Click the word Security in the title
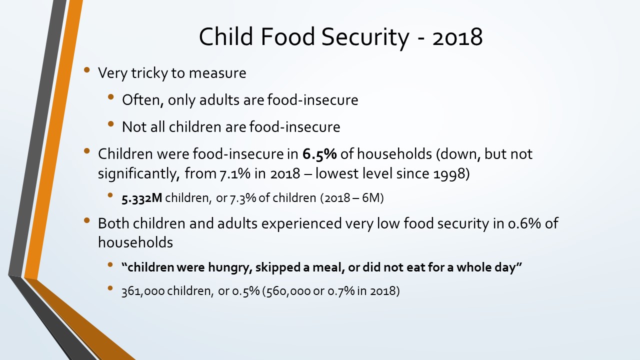pyautogui.click(x=365, y=37)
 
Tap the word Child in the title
pyautogui.click(x=226, y=36)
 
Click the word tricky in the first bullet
pyautogui.click(x=149, y=73)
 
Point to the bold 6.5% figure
pyautogui.click(x=319, y=154)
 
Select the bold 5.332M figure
pyautogui.click(x=142, y=198)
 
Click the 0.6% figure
pyautogui.click(x=524, y=223)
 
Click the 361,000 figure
pyautogui.click(x=143, y=291)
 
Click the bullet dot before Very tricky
pyautogui.click(x=87, y=70)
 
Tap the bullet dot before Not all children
pyautogui.click(x=111, y=124)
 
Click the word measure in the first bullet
pyautogui.click(x=217, y=73)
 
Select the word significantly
pyautogui.click(x=139, y=174)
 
